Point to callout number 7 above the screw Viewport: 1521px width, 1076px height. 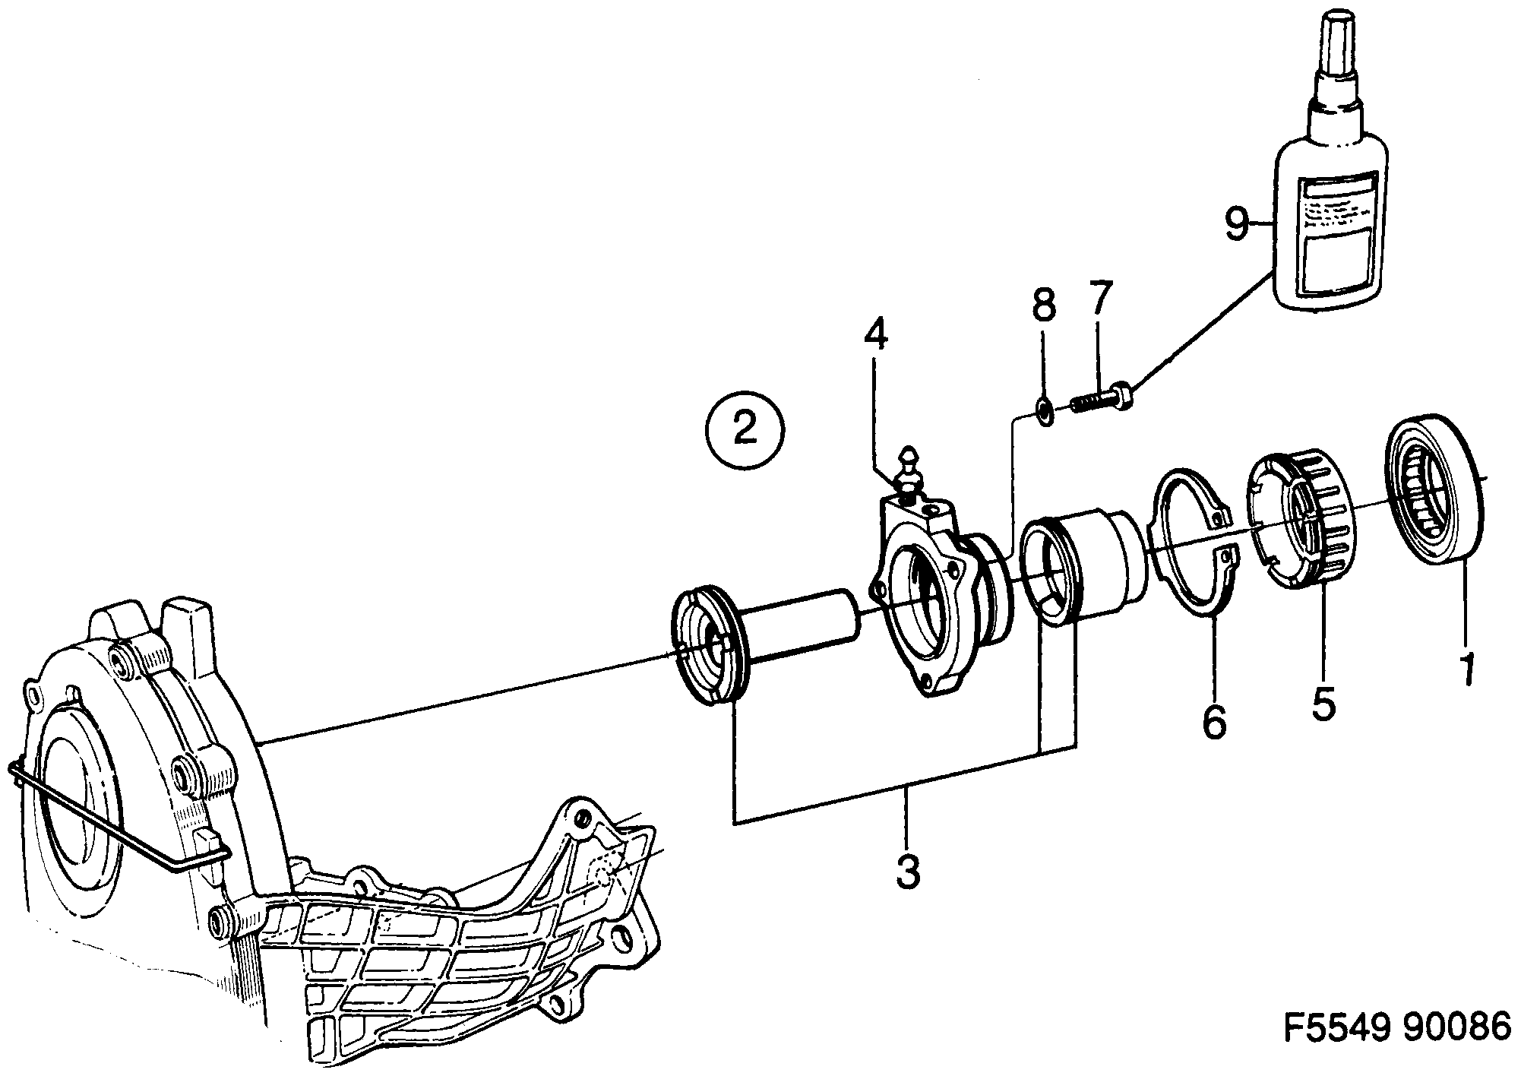point(1099,302)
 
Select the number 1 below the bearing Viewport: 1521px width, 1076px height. point(1468,669)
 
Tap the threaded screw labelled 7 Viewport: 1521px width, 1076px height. point(1100,401)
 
